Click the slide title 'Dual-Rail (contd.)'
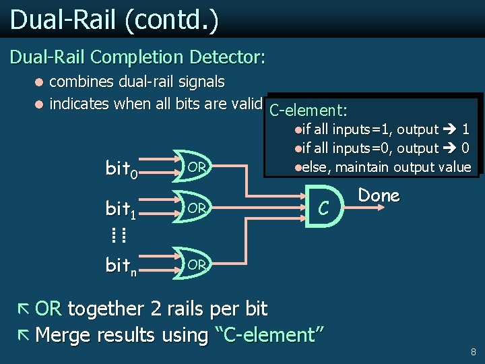click(x=114, y=20)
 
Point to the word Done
click(x=379, y=195)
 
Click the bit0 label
click(x=122, y=169)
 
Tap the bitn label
click(x=122, y=266)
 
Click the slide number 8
click(x=474, y=351)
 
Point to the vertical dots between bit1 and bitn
click(x=119, y=235)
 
